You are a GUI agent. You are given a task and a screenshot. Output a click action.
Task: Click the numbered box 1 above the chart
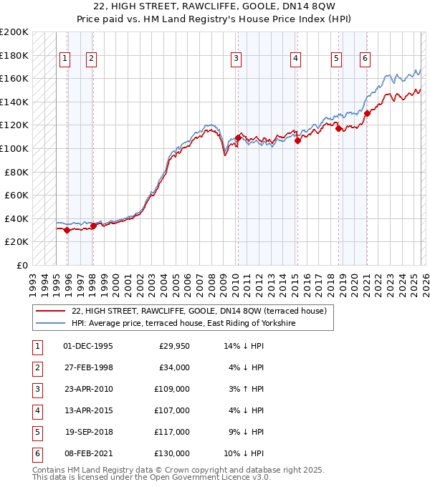coord(65,59)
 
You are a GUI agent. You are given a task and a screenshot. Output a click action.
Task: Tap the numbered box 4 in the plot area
coord(295,59)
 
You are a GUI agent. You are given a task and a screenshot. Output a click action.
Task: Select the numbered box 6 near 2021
coord(365,59)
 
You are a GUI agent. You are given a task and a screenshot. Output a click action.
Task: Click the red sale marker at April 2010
coord(237,138)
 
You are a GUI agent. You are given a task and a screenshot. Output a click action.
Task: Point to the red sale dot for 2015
coord(297,140)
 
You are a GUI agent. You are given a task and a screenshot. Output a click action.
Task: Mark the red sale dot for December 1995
coord(67,230)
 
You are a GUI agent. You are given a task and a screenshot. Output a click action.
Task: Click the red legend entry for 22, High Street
coord(199,311)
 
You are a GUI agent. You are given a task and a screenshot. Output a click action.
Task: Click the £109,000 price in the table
coord(173,390)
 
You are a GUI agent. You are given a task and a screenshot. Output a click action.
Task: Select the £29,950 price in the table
coord(174,346)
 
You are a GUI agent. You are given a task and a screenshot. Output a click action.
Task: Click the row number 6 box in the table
coord(36,453)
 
